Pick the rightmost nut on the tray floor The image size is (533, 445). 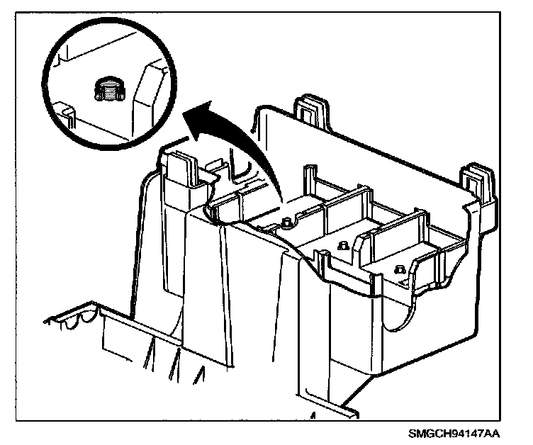pos(400,269)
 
